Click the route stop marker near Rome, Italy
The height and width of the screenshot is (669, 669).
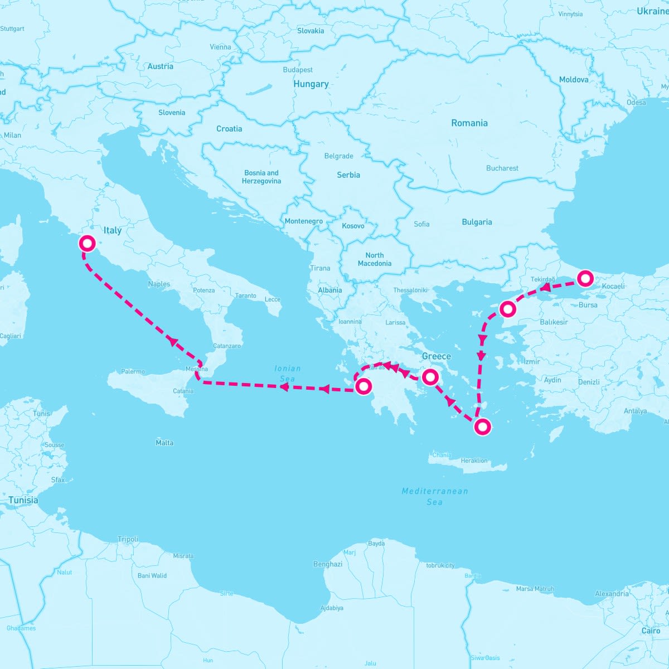[x=87, y=243]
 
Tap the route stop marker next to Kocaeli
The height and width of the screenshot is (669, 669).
[x=585, y=278]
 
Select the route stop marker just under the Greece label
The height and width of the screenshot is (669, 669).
[x=430, y=377]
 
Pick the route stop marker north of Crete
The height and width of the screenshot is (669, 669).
[x=482, y=427]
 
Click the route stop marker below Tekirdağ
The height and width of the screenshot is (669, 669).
[x=507, y=308]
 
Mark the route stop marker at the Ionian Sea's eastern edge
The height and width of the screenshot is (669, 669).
[x=363, y=386]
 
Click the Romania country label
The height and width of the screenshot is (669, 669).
[x=469, y=123]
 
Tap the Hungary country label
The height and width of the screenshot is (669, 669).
[x=311, y=84]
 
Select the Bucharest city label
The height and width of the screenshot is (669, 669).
[x=502, y=168]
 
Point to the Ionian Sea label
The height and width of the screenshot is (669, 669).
[x=287, y=374]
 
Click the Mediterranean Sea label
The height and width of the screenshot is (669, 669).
[x=435, y=496]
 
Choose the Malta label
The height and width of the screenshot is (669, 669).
[x=164, y=443]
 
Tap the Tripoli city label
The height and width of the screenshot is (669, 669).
[x=128, y=539]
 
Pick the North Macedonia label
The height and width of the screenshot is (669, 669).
[x=375, y=259]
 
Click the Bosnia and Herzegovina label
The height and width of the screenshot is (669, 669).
[x=261, y=177]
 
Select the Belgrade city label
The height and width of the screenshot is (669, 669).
[x=338, y=156]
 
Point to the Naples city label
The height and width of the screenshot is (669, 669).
[x=159, y=284]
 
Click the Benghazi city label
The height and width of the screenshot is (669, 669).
[x=328, y=564]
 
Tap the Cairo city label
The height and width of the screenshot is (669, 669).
[x=651, y=631]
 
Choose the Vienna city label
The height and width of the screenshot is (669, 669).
[x=220, y=47]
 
